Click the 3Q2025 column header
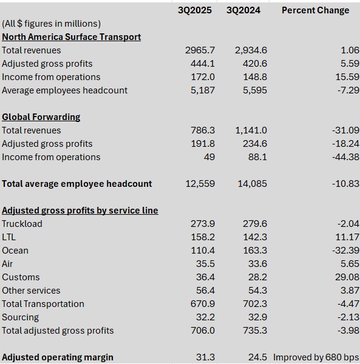195,10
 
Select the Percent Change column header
315,10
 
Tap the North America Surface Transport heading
71,37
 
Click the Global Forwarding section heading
41,117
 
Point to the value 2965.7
200,50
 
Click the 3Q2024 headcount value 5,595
255,90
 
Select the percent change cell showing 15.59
347,77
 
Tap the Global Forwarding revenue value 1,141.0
251,130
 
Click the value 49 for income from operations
209,157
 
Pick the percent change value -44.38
345,157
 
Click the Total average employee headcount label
77,184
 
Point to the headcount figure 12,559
200,184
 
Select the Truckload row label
22,224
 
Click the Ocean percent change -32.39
345,251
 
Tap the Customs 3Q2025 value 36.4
205,277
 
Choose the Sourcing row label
21,317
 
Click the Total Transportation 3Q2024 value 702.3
255,304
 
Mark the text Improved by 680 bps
316,357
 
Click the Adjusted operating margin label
58,357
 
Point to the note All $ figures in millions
52,24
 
